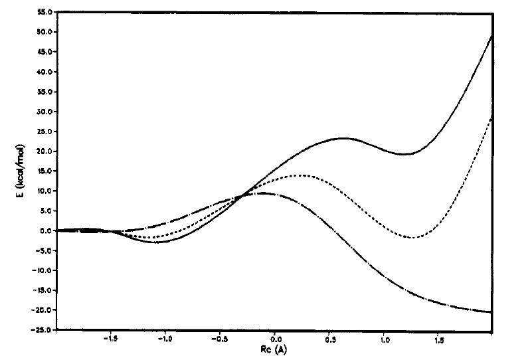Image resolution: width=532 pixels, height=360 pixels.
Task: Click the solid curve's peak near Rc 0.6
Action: tap(343, 138)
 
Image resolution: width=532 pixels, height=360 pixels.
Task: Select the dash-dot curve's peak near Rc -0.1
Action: tap(262, 193)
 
